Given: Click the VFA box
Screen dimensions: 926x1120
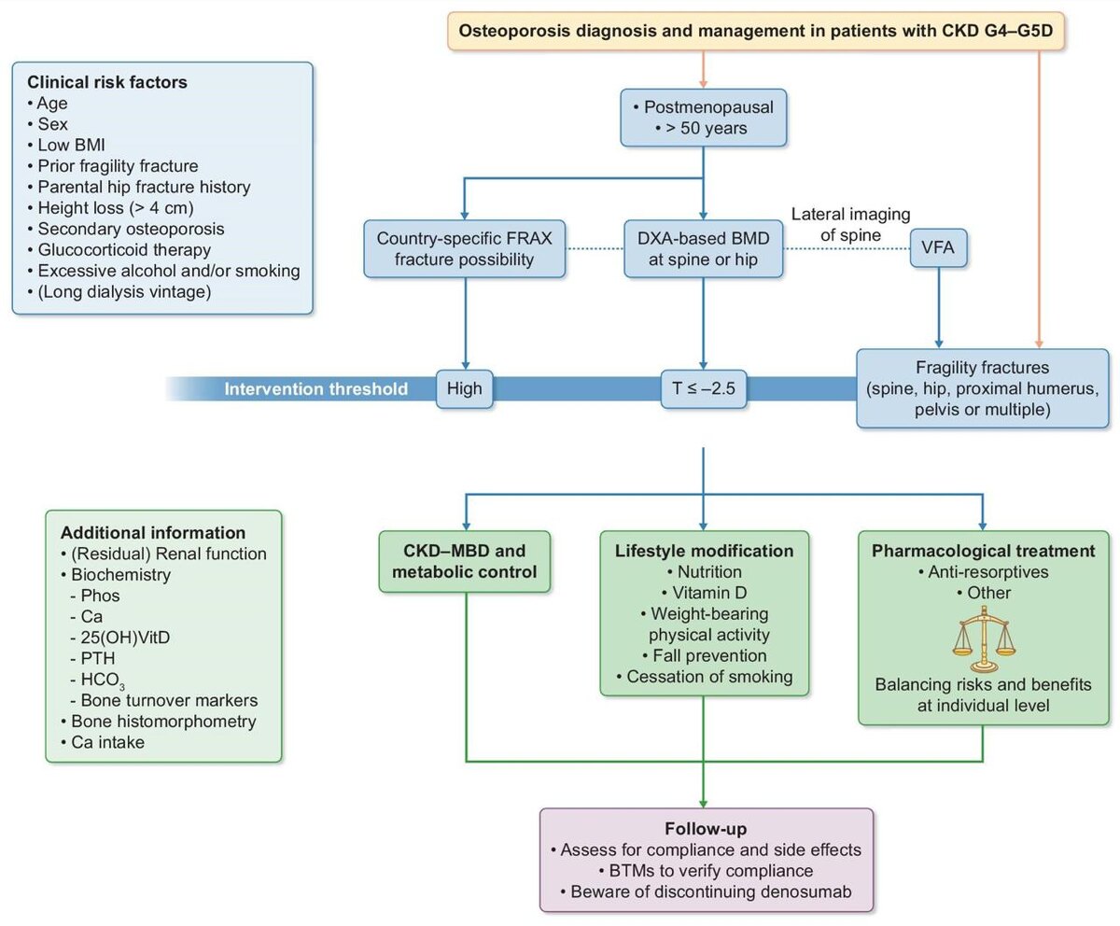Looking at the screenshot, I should point(938,251).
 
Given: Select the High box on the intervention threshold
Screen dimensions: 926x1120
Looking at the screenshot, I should point(464,388).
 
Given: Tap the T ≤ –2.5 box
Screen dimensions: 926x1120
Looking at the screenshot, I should point(704,388).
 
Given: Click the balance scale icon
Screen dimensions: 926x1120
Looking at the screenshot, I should point(982,639).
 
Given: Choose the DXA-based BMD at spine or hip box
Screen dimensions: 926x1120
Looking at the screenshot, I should point(703,249).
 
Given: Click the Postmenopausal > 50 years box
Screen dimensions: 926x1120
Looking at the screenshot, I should point(703,117).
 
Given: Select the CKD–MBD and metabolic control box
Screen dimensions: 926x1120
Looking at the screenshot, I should point(464,561).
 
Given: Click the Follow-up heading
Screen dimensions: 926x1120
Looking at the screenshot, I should point(707,829).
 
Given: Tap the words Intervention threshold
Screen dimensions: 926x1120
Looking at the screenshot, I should point(315,388).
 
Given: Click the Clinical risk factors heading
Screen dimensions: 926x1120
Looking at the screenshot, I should point(107,82).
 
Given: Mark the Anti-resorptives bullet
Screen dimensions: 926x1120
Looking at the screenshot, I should point(982,571).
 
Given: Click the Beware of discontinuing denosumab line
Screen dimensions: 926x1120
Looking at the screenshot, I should point(707,893).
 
